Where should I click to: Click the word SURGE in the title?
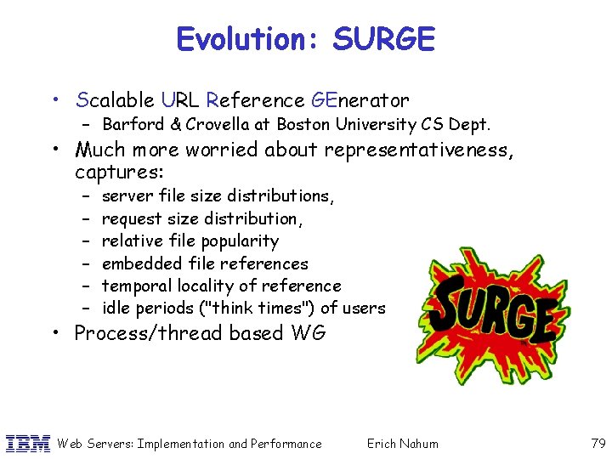(383, 39)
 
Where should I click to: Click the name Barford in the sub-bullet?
(132, 124)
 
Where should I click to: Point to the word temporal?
(136, 286)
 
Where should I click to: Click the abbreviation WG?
(307, 333)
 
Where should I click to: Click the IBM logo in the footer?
(27, 443)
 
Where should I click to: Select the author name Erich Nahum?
(402, 444)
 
